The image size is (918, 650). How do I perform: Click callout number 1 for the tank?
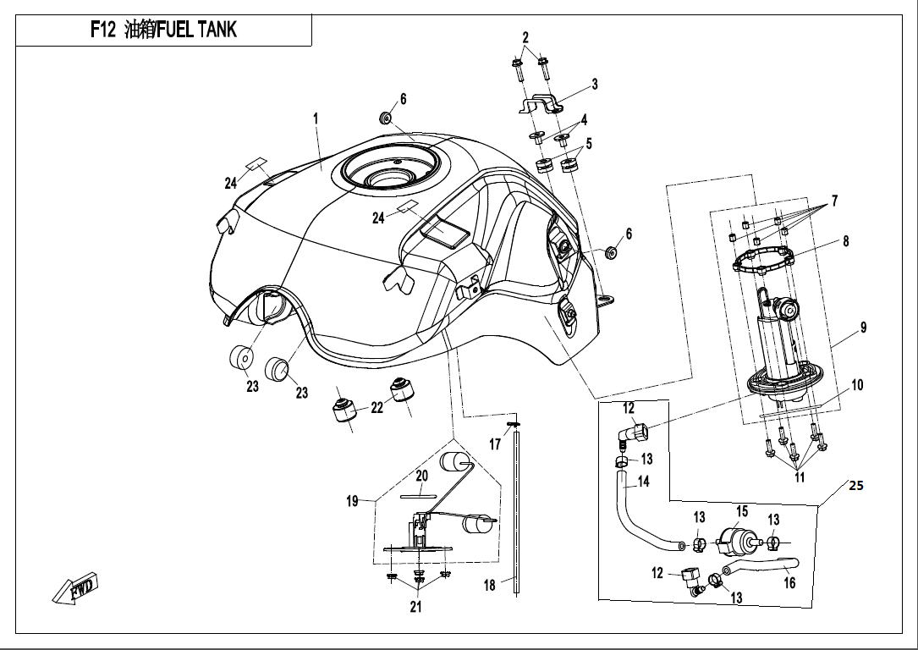coord(316,119)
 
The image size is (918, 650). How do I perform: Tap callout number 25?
coord(856,487)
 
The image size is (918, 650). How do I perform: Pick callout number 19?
coord(353,502)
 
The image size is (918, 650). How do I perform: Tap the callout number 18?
coord(490,586)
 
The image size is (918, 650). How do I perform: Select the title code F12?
coord(102,31)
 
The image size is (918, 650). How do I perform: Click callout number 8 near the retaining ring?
coord(844,241)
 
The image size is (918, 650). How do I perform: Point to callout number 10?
coord(857,385)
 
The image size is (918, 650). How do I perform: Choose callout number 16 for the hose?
coord(789,582)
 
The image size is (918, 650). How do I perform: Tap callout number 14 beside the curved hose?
coord(643,482)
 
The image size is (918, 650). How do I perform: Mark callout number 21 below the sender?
coord(415,606)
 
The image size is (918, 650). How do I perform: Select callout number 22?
coord(377,408)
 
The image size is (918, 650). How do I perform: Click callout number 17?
coord(496,443)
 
